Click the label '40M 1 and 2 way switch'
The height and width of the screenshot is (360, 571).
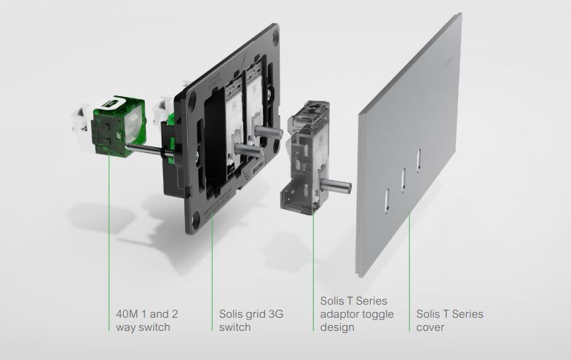coord(147,321)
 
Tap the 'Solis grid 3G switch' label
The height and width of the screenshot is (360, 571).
coord(251,321)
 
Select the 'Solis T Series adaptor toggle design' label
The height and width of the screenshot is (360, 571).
coord(357,313)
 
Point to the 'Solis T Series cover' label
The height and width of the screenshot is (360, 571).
coord(450,321)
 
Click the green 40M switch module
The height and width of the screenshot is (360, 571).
coord(118,127)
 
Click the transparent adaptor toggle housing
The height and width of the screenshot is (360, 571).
coord(305,157)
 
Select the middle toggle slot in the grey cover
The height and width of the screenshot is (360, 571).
coord(403,180)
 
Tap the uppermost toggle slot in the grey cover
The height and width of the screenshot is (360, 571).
coord(419,160)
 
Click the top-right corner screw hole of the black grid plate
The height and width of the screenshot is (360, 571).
coord(275,36)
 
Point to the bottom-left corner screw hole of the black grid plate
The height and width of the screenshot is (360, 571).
coord(197,218)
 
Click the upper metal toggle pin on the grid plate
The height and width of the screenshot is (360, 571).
coord(268,131)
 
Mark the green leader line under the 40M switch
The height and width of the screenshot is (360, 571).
coord(109,242)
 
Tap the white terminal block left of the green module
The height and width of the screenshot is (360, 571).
coord(83,120)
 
